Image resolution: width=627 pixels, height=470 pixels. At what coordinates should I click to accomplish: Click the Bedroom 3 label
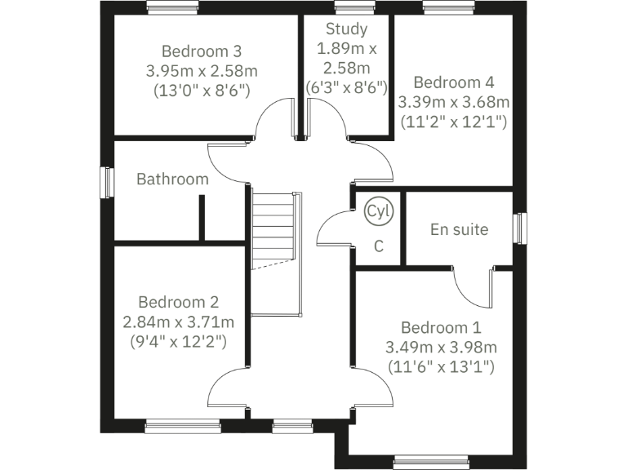[x=202, y=51]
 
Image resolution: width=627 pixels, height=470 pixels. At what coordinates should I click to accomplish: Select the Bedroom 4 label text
[x=453, y=82]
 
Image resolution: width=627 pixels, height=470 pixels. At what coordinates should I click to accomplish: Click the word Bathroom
[x=172, y=179]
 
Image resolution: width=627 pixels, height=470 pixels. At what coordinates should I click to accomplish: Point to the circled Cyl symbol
[x=379, y=211]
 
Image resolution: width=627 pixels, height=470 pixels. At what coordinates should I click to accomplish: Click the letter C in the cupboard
[x=379, y=246]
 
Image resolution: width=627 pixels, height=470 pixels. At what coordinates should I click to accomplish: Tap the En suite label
[x=459, y=229]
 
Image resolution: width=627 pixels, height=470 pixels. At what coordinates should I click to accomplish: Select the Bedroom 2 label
[x=178, y=301]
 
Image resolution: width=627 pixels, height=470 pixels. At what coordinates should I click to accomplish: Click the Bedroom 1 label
[x=441, y=327]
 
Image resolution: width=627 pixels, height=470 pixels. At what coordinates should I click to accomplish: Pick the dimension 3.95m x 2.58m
[x=202, y=70]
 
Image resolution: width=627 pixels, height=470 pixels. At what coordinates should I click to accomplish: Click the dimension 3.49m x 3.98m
[x=442, y=347]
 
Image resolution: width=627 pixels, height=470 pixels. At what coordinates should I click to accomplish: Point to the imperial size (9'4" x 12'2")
[x=178, y=340]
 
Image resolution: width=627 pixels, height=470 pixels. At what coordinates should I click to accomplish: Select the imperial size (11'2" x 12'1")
[x=453, y=122]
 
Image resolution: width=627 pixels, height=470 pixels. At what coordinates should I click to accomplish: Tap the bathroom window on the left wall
[x=105, y=182]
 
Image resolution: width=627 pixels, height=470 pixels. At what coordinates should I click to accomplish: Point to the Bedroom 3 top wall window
[x=172, y=7]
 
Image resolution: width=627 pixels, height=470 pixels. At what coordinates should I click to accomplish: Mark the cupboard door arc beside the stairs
[x=332, y=229]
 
